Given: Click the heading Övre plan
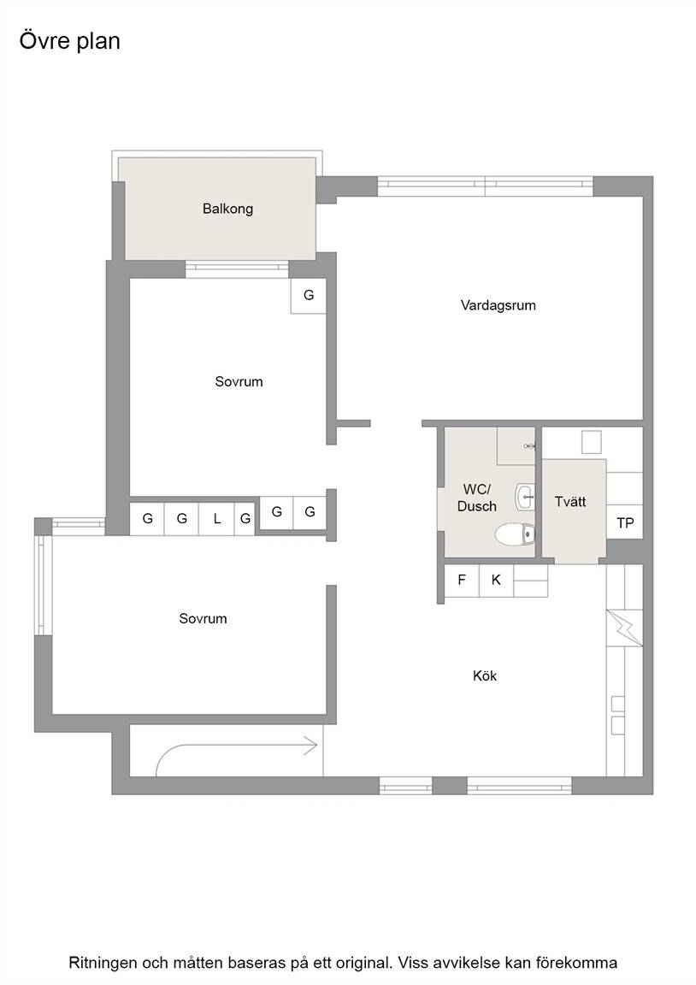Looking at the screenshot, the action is click(x=70, y=41).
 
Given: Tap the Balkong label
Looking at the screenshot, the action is click(x=227, y=209).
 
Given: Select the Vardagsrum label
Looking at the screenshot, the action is click(x=498, y=306).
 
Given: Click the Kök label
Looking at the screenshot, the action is click(x=485, y=676).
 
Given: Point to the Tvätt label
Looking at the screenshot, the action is click(x=570, y=502).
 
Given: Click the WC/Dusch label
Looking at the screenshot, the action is click(x=477, y=498).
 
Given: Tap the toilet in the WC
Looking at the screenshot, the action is click(x=515, y=534).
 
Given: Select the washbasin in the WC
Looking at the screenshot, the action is click(x=525, y=497).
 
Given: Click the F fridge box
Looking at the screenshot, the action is click(x=462, y=580).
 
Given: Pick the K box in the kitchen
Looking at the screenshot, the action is click(x=496, y=580).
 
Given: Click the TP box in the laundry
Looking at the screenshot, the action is click(x=625, y=522).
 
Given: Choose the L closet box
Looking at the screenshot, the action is click(x=216, y=519).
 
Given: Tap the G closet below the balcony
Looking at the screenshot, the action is click(x=308, y=295).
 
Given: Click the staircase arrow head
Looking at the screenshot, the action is click(x=311, y=746).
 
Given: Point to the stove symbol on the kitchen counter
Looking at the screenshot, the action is click(x=625, y=629).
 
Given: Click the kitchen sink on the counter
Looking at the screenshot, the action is click(x=618, y=715).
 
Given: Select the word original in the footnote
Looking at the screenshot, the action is click(x=366, y=963).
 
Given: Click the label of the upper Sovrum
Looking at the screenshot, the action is click(x=239, y=382).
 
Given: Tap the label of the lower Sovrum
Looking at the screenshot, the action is click(x=203, y=619).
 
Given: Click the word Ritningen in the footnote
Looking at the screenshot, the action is click(x=103, y=963).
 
